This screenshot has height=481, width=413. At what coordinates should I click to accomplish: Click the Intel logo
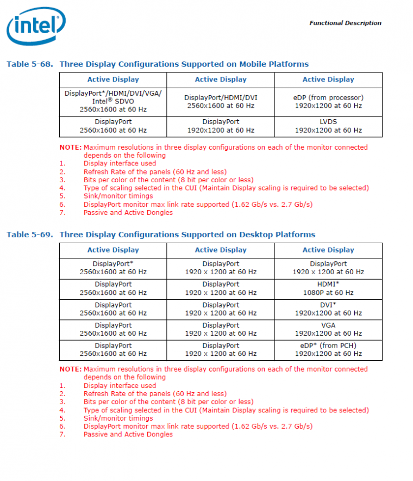pyautogui.click(x=36, y=27)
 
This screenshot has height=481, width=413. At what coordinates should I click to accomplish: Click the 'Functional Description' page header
pyautogui.click(x=345, y=23)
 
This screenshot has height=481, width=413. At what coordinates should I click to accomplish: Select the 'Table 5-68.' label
pyautogui.click(x=30, y=64)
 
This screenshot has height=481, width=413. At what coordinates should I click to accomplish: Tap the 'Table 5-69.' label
pyautogui.click(x=30, y=235)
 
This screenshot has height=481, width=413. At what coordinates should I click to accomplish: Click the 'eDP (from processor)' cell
pyautogui.click(x=328, y=102)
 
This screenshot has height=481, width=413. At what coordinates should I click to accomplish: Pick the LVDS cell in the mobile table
pyautogui.click(x=328, y=126)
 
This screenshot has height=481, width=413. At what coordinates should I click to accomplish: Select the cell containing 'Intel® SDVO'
pyautogui.click(x=113, y=101)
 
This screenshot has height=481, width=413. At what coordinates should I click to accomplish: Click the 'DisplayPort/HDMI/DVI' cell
pyautogui.click(x=221, y=102)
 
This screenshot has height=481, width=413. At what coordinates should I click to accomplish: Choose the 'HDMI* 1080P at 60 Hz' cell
pyautogui.click(x=328, y=288)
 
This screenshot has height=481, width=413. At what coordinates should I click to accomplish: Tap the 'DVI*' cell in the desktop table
pyautogui.click(x=328, y=309)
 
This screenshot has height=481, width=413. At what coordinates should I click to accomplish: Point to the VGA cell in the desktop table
pyautogui.click(x=328, y=329)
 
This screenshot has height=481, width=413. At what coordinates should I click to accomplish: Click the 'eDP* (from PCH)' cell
pyautogui.click(x=328, y=349)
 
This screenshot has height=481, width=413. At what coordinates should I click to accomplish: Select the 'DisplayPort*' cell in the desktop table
pyautogui.click(x=113, y=268)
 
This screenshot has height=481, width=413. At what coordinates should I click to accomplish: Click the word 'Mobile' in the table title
pyautogui.click(x=255, y=64)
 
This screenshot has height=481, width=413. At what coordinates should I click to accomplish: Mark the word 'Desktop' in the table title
pyautogui.click(x=255, y=235)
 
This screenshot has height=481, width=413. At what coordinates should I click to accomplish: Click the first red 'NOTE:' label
pyautogui.click(x=70, y=147)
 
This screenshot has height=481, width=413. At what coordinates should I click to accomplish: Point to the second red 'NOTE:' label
pyautogui.click(x=70, y=369)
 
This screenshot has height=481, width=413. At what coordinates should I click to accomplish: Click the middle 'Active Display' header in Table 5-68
pyautogui.click(x=221, y=79)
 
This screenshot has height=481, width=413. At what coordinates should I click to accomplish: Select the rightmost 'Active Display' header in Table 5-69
pyautogui.click(x=328, y=250)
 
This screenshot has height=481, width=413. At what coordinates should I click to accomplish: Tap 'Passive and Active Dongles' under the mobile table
pyautogui.click(x=128, y=212)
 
